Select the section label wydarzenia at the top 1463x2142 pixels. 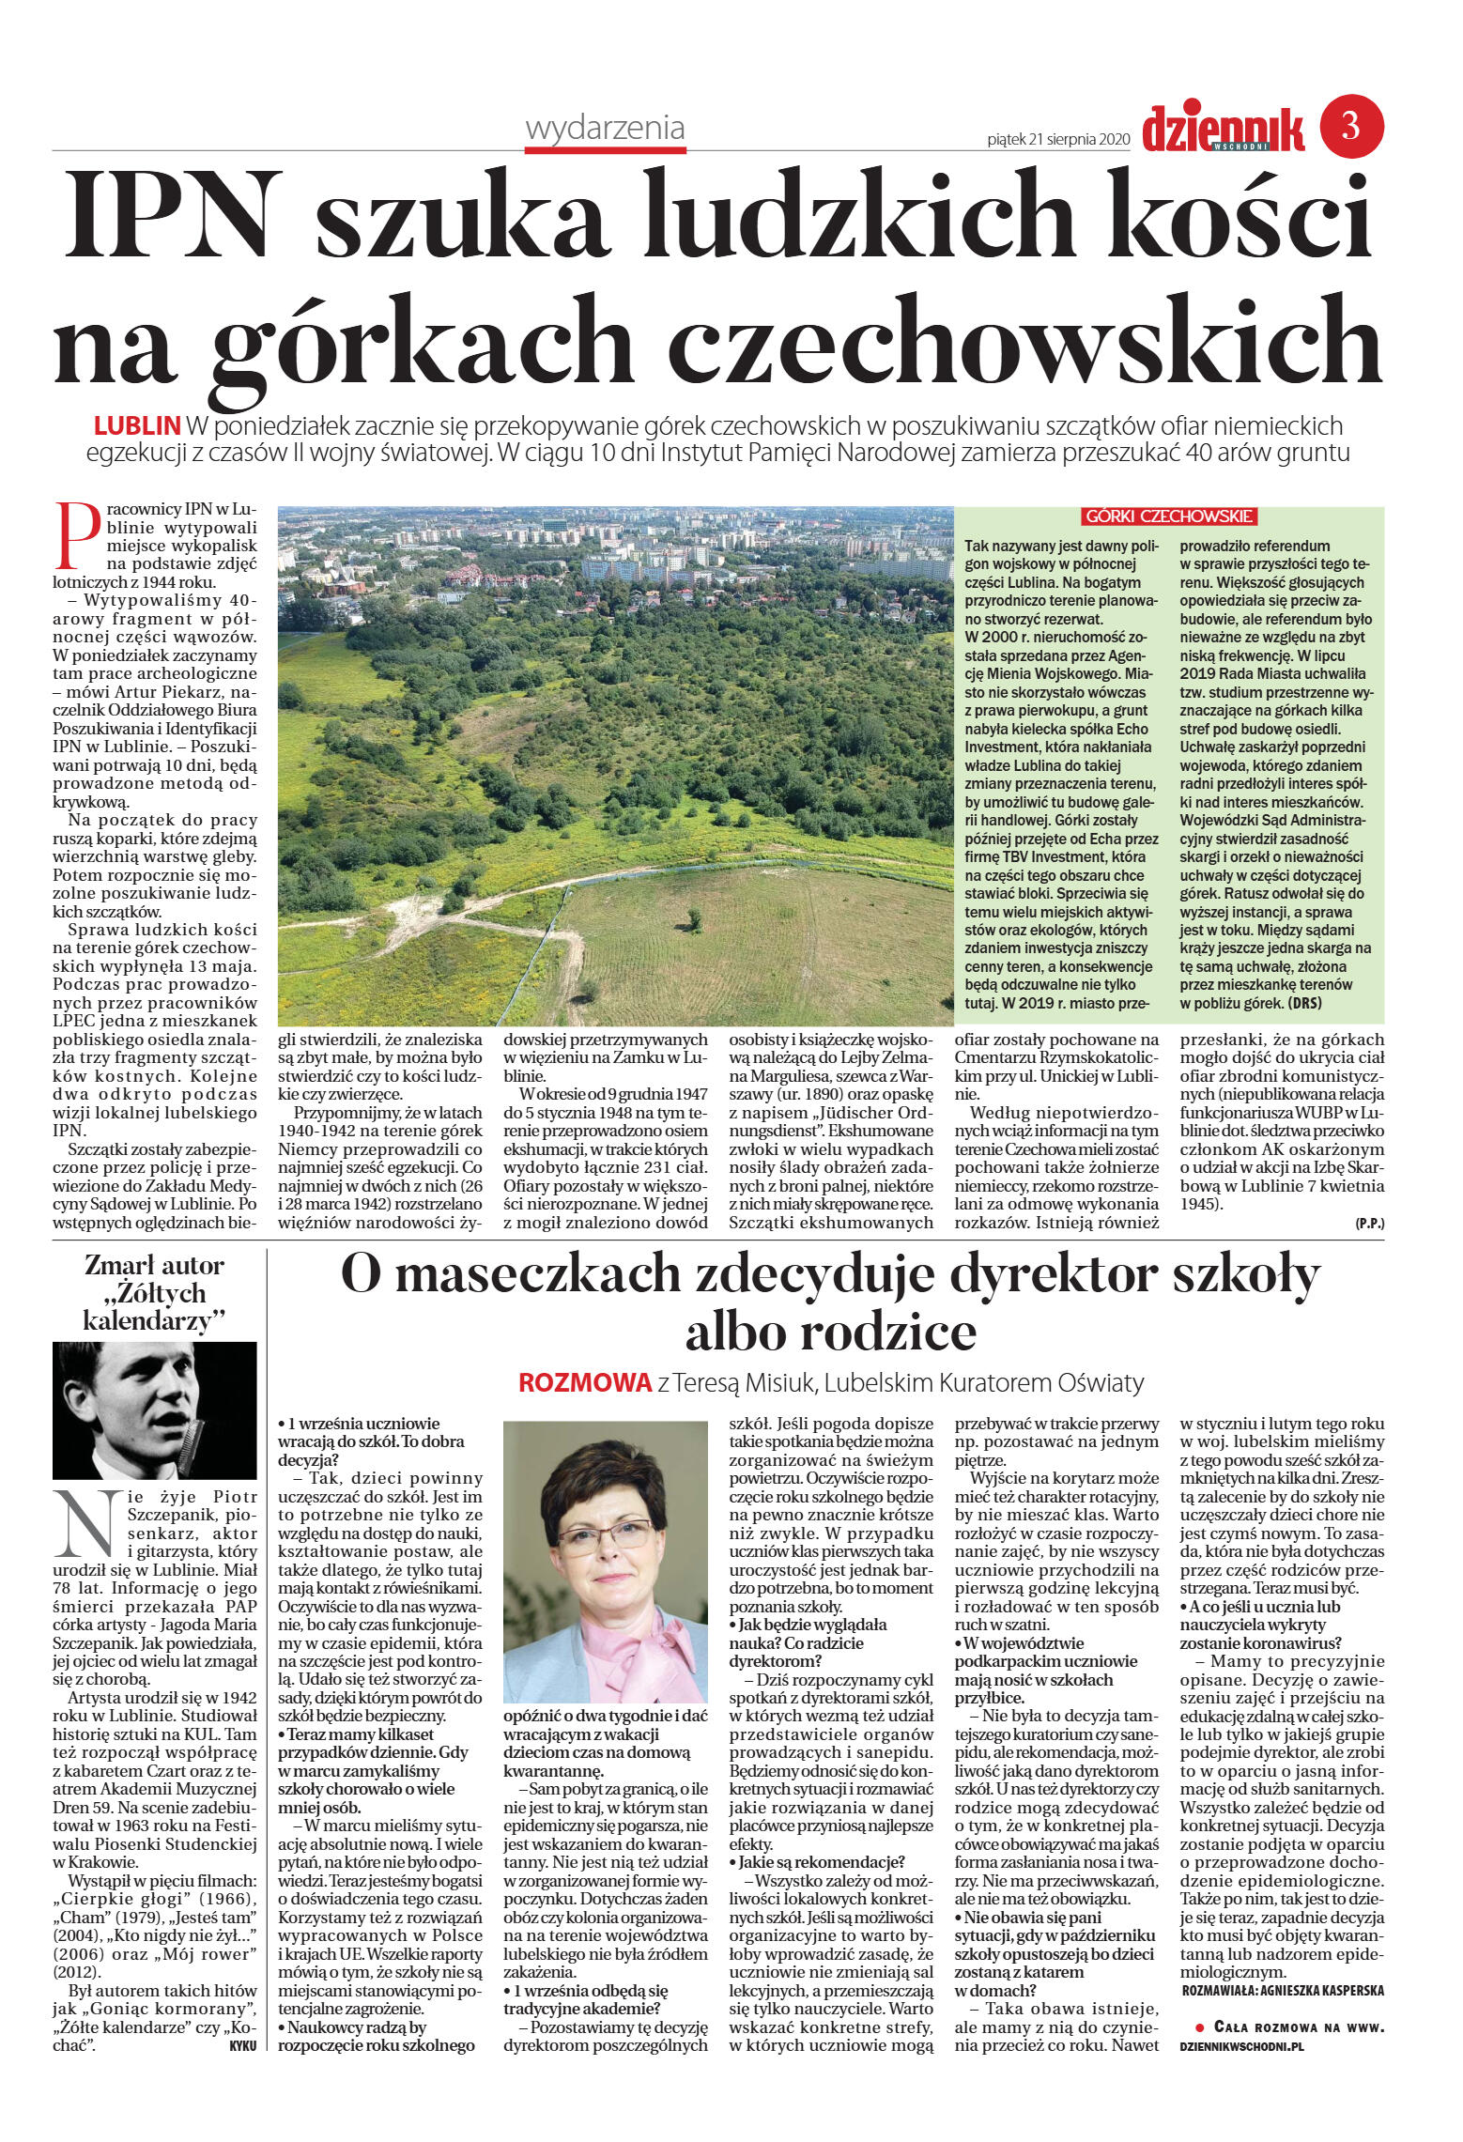coord(606,129)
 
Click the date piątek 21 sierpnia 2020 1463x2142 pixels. coord(1056,139)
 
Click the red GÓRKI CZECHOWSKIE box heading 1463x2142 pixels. coord(1169,516)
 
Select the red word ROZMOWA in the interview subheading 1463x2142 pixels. coord(584,1382)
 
